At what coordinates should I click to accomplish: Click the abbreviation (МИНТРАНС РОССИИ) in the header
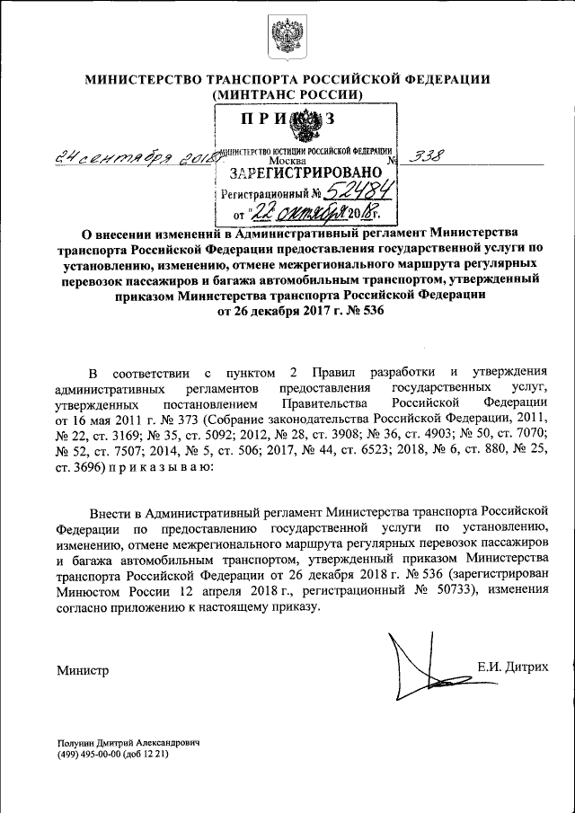[287, 94]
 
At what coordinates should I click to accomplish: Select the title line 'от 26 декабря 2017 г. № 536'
[287, 311]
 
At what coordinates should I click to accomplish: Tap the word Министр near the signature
[81, 670]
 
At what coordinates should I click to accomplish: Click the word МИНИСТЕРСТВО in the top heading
[138, 80]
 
